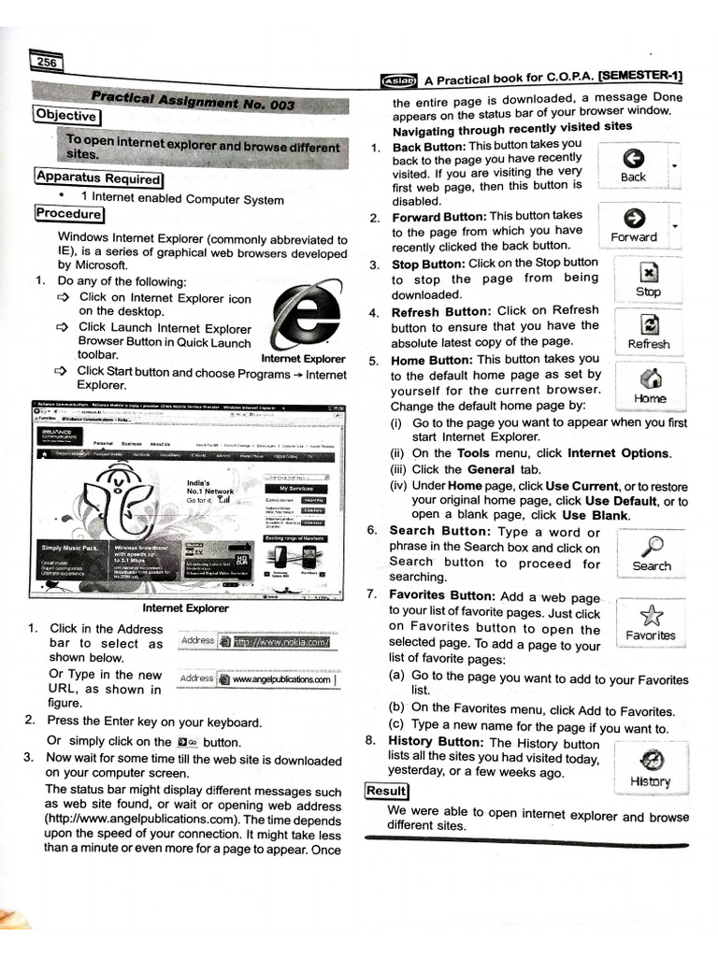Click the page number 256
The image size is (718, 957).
[45, 62]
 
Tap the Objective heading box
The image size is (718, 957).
[66, 116]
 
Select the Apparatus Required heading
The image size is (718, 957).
[98, 179]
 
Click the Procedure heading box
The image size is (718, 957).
[68, 213]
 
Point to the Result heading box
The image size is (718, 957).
[386, 792]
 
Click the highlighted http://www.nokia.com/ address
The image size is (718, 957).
[281, 641]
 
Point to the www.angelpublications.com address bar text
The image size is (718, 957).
[281, 679]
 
